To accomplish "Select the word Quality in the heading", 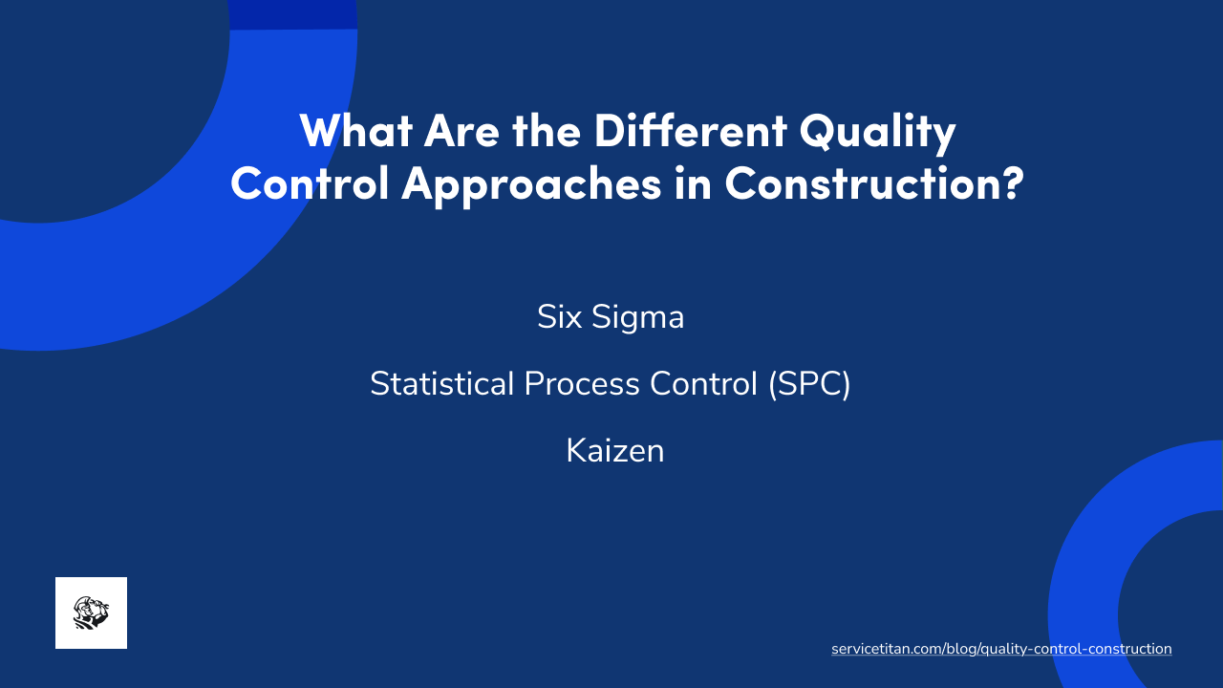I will coord(877,133).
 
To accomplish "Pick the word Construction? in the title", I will coord(873,183).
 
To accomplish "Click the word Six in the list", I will coord(559,317).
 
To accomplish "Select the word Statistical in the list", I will coord(441,384).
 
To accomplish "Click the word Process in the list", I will coord(582,384).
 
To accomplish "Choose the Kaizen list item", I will coord(614,451).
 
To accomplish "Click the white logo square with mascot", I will coord(91,613).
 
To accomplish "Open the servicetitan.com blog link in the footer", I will coord(1001,649).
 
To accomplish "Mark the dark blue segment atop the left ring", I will coord(293,14).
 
